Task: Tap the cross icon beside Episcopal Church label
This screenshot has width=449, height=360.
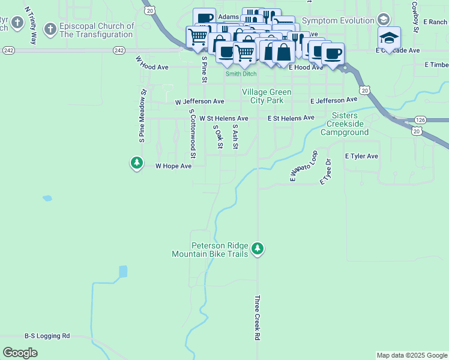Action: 50,28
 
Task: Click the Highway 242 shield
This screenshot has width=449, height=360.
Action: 8,50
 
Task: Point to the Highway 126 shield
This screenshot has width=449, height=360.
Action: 420,120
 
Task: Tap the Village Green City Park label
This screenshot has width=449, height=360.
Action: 267,96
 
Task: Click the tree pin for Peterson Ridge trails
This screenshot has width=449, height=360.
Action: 258,248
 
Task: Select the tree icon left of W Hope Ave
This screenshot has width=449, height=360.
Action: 137,163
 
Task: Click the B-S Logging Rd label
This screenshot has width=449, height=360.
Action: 47,336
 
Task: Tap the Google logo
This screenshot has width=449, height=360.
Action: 20,353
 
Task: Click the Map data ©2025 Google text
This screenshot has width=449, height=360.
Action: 411,355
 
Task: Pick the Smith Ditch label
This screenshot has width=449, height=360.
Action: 241,74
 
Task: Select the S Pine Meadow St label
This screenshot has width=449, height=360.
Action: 143,116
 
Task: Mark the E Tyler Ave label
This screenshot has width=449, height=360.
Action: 361,156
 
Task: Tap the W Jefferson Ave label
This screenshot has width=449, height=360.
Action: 199,103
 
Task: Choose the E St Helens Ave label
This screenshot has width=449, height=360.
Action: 291,118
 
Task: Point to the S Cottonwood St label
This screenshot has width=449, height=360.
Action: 192,130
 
